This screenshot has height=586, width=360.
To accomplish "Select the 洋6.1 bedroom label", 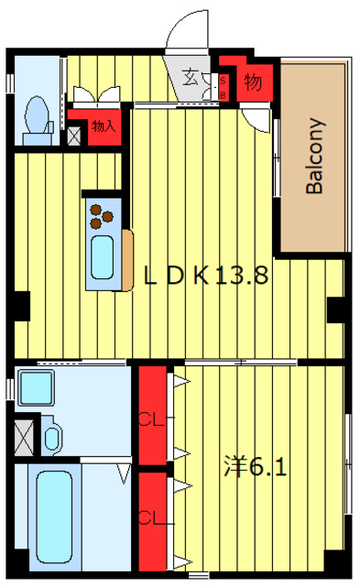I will pos(257,467).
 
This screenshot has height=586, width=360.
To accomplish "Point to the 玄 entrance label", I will pos(189,77).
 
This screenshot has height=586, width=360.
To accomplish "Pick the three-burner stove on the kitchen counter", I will pos(101,215).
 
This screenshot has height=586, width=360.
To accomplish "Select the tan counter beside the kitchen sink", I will pos(126,259).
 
